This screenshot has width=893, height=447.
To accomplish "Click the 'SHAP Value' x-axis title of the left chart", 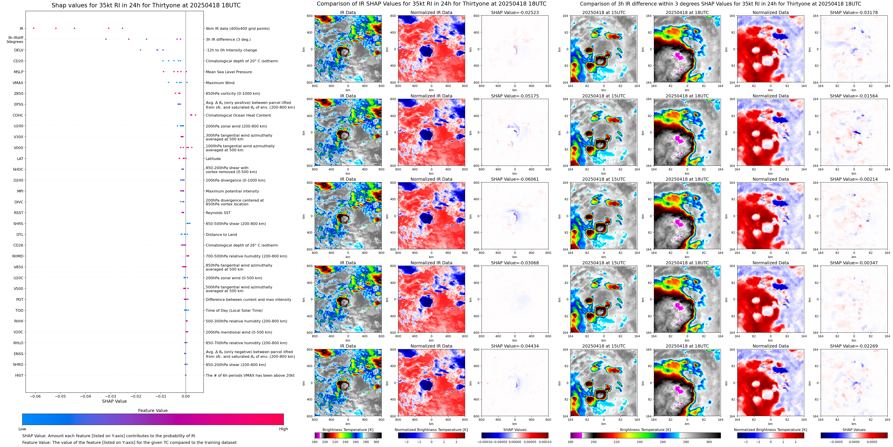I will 114,401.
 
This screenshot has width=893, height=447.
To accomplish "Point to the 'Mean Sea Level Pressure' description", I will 229,72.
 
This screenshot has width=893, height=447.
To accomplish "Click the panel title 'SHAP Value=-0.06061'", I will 515,179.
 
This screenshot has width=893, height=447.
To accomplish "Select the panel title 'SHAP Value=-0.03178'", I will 854,12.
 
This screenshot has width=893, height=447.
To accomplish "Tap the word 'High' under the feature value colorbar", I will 284,429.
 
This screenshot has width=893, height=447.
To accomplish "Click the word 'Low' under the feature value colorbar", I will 22,429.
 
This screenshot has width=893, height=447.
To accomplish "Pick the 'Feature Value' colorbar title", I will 153,411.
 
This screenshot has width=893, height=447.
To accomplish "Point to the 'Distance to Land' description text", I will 221,235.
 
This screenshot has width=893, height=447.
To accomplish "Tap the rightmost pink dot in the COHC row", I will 196,115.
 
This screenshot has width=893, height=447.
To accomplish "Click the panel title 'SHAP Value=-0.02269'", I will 854,346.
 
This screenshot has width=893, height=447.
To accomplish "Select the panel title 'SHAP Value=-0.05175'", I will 515,96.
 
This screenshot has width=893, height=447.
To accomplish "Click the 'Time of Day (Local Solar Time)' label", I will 234,311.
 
